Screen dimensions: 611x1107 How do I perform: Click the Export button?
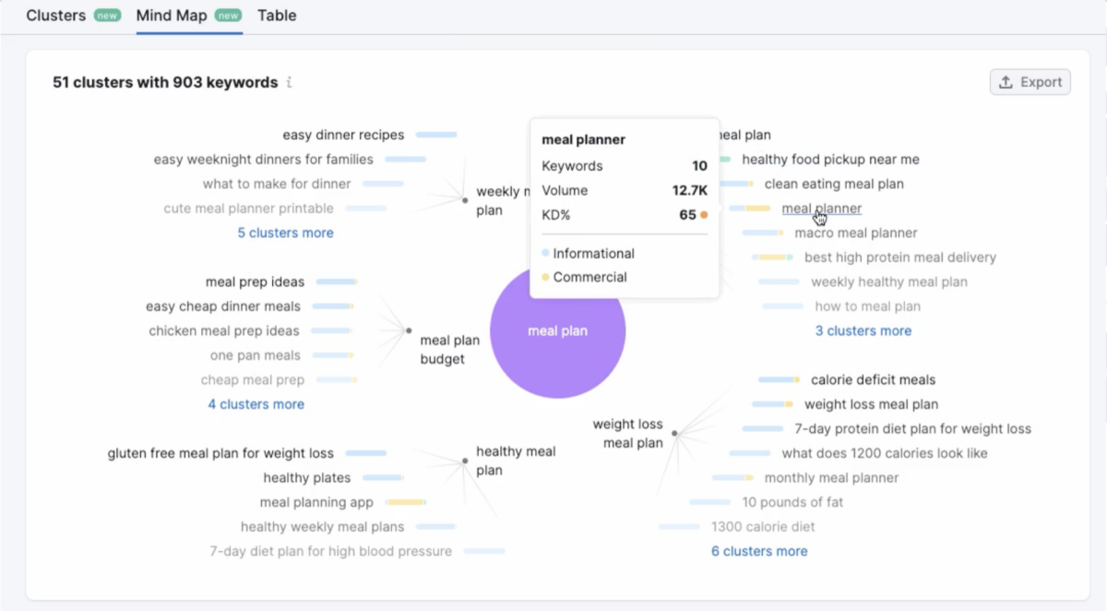(x=1030, y=82)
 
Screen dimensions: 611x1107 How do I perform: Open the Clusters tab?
(x=56, y=16)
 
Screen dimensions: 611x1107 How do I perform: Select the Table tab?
(x=277, y=16)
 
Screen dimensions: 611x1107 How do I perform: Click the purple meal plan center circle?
(x=557, y=331)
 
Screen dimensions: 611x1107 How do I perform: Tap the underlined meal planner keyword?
(x=821, y=209)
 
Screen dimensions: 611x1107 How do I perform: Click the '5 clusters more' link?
(x=285, y=233)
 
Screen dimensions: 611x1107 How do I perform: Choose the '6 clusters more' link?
(x=758, y=551)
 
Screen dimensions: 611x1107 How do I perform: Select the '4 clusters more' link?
(x=256, y=404)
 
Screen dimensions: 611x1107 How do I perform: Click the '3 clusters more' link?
(x=863, y=330)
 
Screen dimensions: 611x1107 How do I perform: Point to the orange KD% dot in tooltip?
(x=704, y=215)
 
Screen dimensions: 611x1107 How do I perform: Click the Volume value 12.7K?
(x=689, y=191)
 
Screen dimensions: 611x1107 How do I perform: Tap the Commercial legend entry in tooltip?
(x=589, y=277)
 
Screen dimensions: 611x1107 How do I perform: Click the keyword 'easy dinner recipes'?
(x=343, y=135)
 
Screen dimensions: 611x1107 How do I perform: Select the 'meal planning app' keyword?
(x=316, y=502)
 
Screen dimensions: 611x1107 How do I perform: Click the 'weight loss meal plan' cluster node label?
(x=628, y=434)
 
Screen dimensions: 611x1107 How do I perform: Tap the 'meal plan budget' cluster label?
(x=449, y=350)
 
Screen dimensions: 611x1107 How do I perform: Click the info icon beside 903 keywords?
(x=289, y=82)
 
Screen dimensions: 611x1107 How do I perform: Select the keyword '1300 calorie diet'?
(x=762, y=527)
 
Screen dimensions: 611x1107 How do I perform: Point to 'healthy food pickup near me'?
(x=830, y=160)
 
